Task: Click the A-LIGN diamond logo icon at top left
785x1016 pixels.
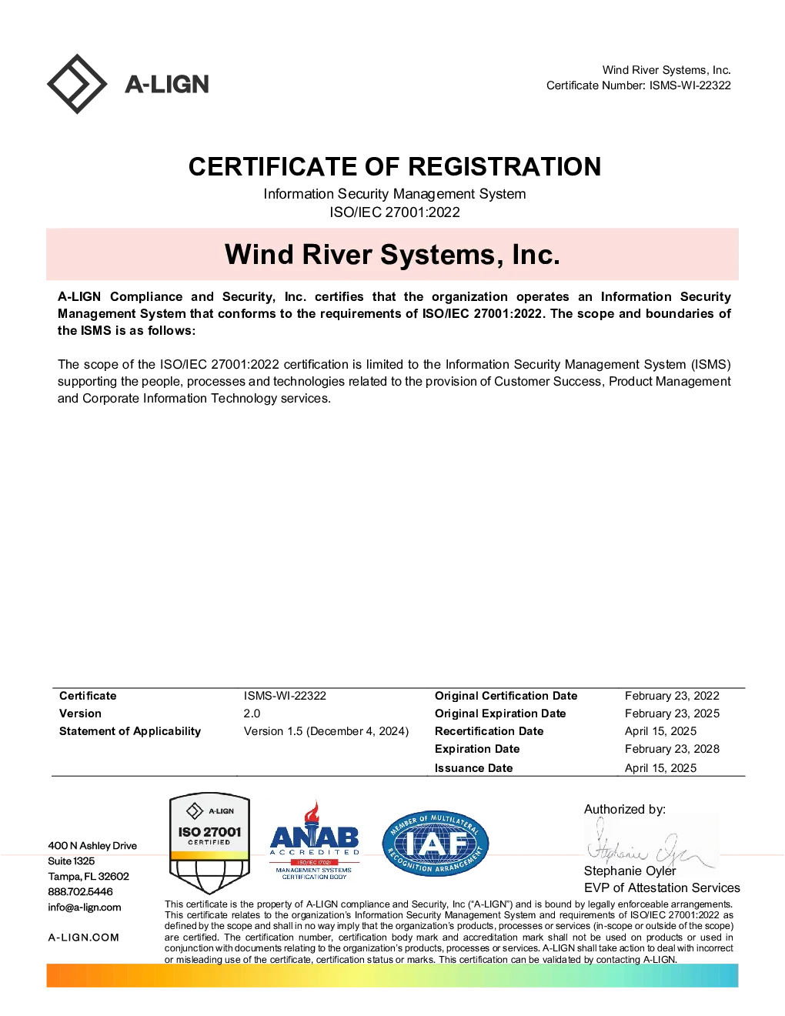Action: [77, 84]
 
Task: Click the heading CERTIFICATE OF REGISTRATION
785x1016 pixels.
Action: [395, 166]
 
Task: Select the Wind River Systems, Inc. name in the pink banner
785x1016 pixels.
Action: [392, 254]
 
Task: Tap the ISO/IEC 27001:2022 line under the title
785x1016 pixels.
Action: [395, 212]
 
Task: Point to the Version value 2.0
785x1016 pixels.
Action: [252, 713]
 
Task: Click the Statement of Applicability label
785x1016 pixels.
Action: [130, 730]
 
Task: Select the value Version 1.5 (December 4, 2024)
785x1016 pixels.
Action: [326, 730]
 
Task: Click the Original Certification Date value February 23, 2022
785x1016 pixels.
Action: [672, 696]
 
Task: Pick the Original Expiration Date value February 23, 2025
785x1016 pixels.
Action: [672, 714]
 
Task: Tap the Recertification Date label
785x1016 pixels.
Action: [489, 730]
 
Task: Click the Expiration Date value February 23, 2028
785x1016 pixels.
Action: [672, 749]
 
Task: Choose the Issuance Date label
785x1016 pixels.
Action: [473, 767]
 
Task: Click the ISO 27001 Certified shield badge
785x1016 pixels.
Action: [209, 843]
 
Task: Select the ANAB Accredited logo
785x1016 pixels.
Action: [314, 841]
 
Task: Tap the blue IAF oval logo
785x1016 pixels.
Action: [436, 843]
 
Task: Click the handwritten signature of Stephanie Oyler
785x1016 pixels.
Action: [650, 846]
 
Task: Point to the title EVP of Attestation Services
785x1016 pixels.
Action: [662, 887]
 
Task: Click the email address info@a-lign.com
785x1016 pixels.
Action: [84, 907]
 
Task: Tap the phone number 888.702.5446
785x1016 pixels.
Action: [80, 891]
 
